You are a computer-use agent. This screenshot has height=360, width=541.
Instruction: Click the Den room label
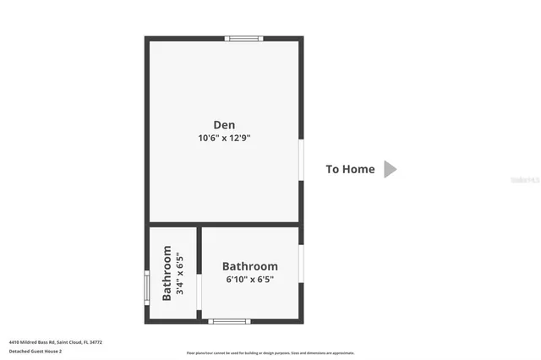click(x=224, y=123)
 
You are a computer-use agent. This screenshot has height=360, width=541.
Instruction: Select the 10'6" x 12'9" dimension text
click(x=224, y=137)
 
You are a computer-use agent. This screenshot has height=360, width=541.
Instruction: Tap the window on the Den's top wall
click(x=243, y=38)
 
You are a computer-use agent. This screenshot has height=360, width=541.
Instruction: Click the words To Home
click(x=350, y=169)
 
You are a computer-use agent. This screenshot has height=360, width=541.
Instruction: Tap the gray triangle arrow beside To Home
click(x=390, y=169)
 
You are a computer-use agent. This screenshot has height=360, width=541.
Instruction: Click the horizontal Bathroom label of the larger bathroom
click(x=249, y=266)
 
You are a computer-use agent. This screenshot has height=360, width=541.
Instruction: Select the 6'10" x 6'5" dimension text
click(x=249, y=280)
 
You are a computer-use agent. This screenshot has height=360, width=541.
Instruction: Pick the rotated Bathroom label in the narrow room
click(x=167, y=273)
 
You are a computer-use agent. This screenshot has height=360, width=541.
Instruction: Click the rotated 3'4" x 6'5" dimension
click(x=180, y=273)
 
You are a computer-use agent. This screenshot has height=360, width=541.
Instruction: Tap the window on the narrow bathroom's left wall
click(x=147, y=287)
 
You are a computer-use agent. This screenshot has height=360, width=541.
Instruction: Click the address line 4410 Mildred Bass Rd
click(x=56, y=342)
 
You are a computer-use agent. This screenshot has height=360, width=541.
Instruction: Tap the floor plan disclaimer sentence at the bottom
click(x=270, y=353)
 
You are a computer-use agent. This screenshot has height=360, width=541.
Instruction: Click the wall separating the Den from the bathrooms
click(x=224, y=225)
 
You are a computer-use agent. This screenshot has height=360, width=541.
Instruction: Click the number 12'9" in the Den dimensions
click(x=238, y=137)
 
